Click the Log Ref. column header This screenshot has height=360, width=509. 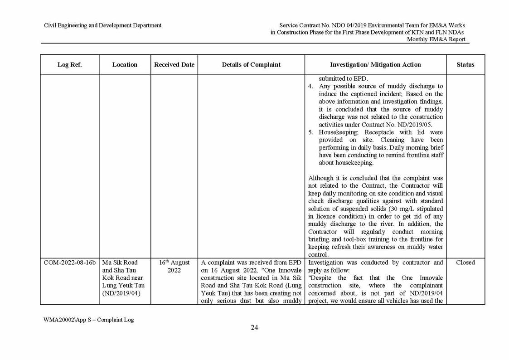[69, 65]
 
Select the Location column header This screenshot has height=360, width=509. [125, 65]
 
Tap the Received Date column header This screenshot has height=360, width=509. [174, 65]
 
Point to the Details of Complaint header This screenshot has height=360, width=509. [251, 65]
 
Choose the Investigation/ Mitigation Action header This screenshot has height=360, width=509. [375, 65]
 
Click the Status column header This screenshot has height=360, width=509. [465, 65]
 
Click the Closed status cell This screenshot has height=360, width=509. [465, 263]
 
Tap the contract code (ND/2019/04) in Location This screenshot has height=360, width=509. [121, 293]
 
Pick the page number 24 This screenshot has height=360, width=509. [254, 328]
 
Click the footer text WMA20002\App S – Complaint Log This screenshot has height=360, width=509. [89, 320]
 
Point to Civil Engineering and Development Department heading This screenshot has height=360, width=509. [102, 25]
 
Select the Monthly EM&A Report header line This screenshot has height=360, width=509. [436, 39]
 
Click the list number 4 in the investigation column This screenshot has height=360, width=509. [310, 86]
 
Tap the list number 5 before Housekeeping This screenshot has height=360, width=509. [310, 132]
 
